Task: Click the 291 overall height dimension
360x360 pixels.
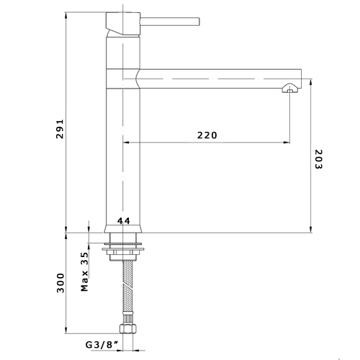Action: tap(62, 129)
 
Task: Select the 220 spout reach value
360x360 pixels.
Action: tap(207, 135)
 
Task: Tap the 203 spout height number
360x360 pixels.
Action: tap(318, 159)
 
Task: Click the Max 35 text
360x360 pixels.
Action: tap(84, 272)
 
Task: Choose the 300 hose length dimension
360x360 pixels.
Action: tap(62, 283)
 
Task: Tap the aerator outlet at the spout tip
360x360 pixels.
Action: tap(289, 90)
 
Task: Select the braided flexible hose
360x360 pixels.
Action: tap(128, 288)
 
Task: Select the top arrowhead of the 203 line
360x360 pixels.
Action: tap(310, 80)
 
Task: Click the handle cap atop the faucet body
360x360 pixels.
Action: tap(120, 22)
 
